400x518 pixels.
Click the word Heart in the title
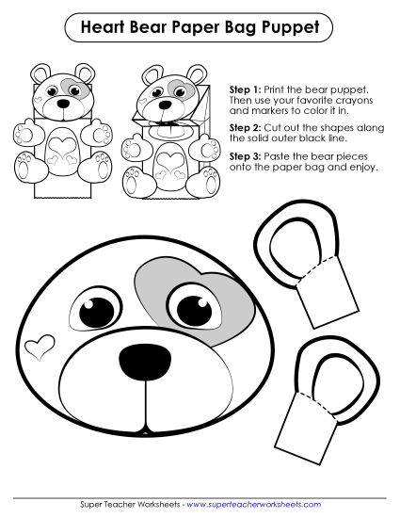pyautogui.click(x=106, y=29)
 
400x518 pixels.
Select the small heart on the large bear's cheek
pyautogui.click(x=40, y=346)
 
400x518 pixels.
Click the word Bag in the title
pyautogui.click(x=240, y=29)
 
